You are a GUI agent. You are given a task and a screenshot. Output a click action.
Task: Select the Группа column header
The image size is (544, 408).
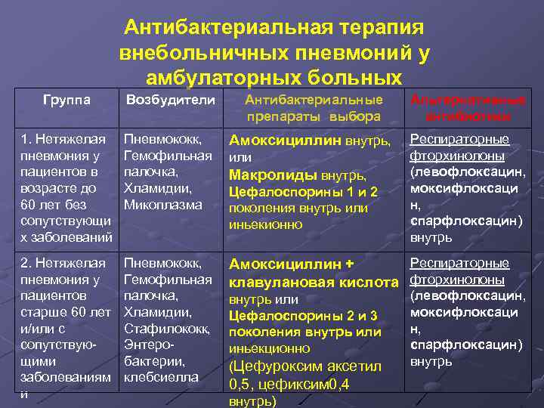pyautogui.click(x=66, y=100)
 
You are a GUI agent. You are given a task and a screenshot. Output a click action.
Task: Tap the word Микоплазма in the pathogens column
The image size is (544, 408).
pyautogui.click(x=163, y=205)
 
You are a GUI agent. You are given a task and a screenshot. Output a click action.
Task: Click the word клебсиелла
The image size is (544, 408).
pyautogui.click(x=162, y=376)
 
